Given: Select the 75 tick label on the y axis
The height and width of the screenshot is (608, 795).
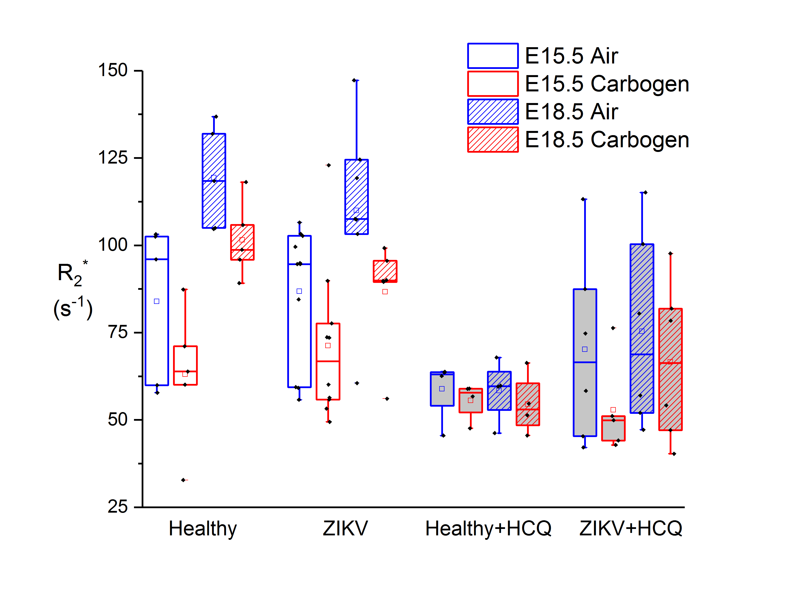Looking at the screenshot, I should (118, 332).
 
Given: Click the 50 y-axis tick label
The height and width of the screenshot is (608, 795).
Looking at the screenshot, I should (118, 420).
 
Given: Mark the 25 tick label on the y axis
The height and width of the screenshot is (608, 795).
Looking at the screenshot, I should (118, 507).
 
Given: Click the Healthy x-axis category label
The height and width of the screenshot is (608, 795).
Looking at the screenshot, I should (203, 529).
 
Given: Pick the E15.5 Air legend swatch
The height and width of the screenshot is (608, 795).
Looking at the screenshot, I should (492, 56).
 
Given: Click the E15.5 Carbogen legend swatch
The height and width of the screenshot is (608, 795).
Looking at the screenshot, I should (492, 84).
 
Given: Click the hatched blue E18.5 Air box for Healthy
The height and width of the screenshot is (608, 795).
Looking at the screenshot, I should (214, 181).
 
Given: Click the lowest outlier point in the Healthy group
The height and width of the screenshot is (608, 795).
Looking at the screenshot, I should (183, 480).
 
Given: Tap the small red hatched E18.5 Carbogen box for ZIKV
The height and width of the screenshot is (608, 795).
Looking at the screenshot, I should (385, 271).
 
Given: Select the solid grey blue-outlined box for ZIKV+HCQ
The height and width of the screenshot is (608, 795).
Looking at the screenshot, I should (585, 362).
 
